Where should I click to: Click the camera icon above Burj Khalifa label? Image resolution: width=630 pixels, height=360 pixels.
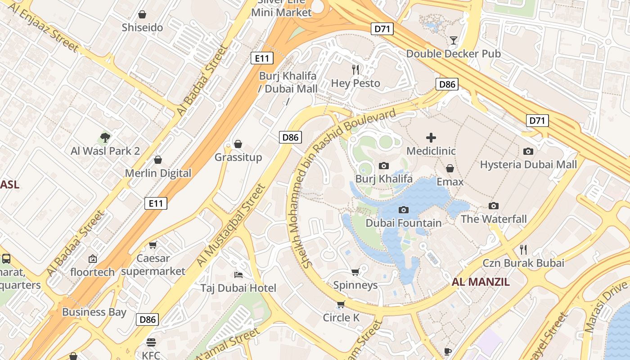(x=384, y=166)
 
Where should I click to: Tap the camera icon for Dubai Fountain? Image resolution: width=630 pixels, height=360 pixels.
(x=404, y=210)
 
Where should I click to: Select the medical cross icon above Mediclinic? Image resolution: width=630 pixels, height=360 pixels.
(x=431, y=137)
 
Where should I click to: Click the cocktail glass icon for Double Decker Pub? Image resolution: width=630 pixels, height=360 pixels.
(x=453, y=40)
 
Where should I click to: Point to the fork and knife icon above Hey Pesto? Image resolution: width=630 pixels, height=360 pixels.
(x=355, y=69)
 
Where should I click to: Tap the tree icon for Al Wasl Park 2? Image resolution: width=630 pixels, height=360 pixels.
(x=105, y=137)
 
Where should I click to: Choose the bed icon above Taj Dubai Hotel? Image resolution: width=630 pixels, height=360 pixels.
(x=238, y=274)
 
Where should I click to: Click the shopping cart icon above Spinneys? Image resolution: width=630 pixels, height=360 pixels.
(x=355, y=272)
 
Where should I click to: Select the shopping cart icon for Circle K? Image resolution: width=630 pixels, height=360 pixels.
(x=341, y=305)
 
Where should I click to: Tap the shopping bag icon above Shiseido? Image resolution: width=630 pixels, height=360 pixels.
(x=142, y=14)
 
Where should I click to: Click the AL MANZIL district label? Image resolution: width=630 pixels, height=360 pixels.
(x=481, y=282)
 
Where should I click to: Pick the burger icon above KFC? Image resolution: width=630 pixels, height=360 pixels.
(x=151, y=342)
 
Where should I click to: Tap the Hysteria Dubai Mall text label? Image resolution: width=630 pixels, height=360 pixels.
(x=528, y=165)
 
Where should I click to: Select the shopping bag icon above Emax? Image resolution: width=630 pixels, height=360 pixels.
(x=450, y=168)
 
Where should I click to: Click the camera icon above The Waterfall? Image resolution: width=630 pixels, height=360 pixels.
(x=494, y=206)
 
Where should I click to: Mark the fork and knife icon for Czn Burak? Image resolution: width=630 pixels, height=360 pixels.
(x=523, y=249)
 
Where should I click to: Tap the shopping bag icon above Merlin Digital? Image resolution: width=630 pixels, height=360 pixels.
(x=158, y=160)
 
